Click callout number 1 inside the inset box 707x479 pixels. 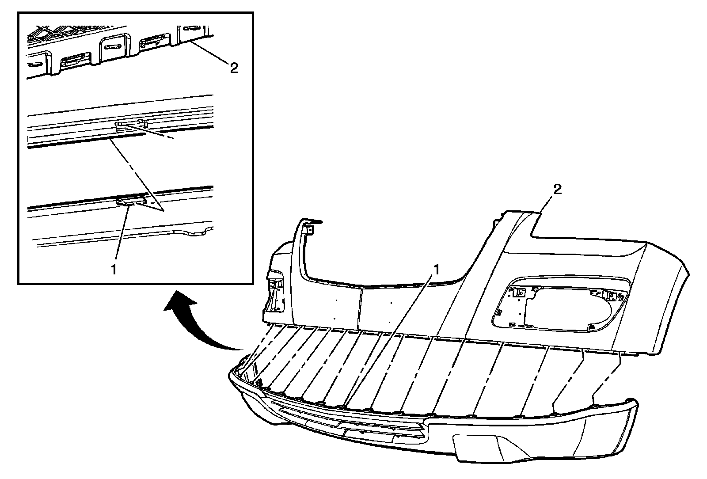(x=114, y=269)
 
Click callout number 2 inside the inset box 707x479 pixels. (x=234, y=68)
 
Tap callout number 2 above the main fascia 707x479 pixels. (x=557, y=190)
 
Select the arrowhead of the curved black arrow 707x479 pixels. (x=179, y=302)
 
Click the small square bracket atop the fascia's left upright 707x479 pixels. (x=310, y=229)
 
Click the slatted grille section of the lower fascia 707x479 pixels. (x=349, y=420)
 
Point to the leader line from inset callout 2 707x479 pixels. (x=211, y=52)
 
